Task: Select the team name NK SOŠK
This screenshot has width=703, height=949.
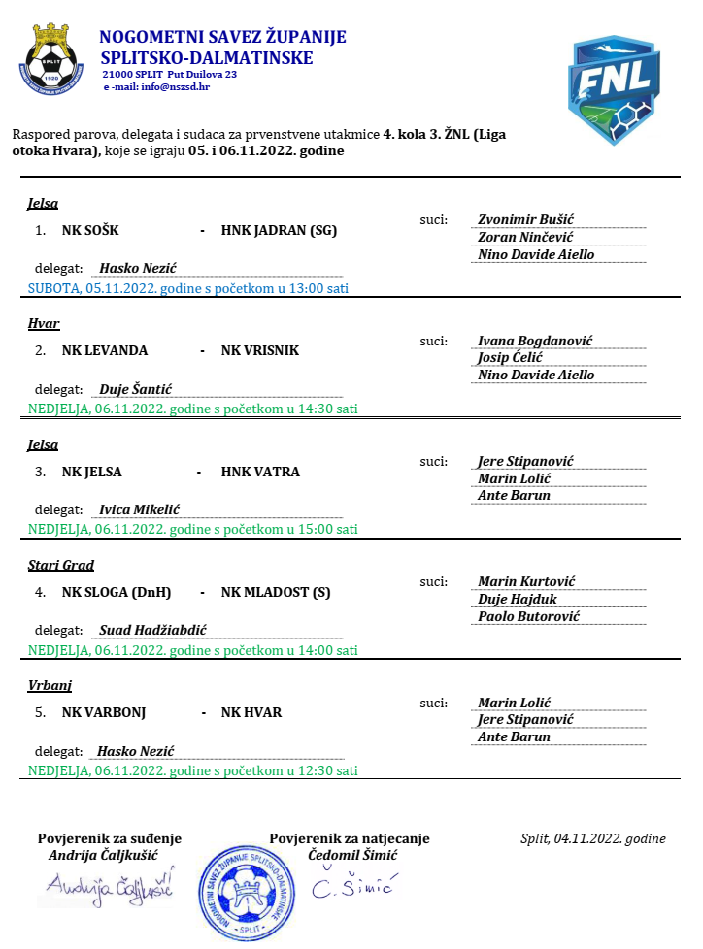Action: point(90,231)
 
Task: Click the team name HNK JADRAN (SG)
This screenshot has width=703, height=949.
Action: point(279,231)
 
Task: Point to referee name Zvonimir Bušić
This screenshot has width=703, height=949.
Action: point(532,220)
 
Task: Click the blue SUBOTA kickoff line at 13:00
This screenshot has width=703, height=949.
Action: point(188,288)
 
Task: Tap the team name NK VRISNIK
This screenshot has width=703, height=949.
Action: point(260,350)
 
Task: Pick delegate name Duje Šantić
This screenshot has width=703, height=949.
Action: point(136,389)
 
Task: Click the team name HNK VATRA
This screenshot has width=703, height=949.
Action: point(260,472)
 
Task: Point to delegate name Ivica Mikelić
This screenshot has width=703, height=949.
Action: point(140,509)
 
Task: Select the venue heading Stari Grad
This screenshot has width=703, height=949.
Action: point(60,565)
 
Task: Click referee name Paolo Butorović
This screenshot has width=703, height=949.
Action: point(528,616)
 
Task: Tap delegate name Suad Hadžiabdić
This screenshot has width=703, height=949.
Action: point(153,630)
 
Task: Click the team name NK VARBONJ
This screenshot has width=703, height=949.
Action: point(104,712)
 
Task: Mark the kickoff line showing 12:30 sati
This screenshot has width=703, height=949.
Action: point(192,770)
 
